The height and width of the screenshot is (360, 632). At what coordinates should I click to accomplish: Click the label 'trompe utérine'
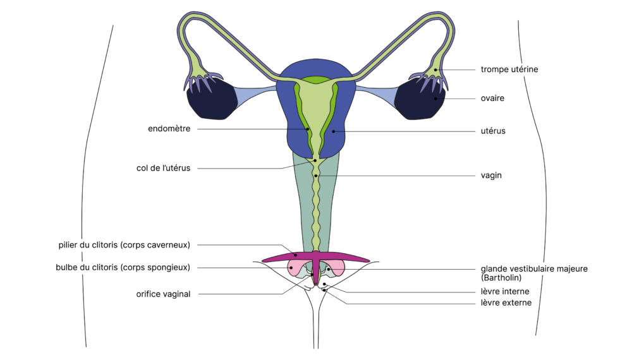click(x=509, y=69)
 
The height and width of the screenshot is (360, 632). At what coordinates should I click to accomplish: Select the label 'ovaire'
click(x=492, y=99)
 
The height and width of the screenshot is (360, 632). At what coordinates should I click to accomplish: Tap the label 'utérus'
click(x=492, y=131)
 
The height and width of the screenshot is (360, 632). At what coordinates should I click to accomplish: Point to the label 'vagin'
click(x=490, y=176)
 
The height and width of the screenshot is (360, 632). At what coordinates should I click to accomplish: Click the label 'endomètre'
click(x=169, y=129)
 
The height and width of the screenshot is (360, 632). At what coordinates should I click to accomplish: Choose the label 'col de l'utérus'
click(x=163, y=168)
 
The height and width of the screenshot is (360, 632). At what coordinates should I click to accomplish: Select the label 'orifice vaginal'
click(x=163, y=294)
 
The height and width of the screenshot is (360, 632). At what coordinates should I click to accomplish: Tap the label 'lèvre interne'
click(x=504, y=292)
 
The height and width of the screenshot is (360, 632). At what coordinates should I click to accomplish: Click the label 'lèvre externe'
click(x=506, y=303)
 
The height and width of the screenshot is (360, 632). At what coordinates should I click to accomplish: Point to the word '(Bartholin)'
click(x=502, y=277)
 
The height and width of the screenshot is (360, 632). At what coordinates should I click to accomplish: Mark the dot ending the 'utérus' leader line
click(x=334, y=131)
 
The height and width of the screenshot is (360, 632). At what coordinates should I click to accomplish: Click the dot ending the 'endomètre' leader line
click(x=308, y=129)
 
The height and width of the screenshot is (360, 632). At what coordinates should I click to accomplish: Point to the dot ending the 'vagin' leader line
click(x=315, y=176)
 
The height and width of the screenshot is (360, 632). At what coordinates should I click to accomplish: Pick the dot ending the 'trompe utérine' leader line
click(x=436, y=69)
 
